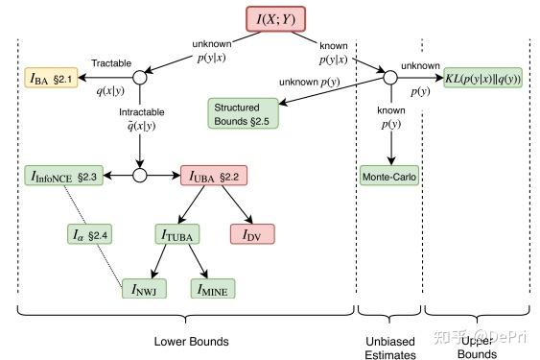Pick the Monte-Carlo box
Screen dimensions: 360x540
[389, 176]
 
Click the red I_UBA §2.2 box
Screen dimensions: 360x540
[217, 176]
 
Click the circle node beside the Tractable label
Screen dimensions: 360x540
[140, 76]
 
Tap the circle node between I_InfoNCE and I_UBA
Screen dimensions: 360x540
[140, 176]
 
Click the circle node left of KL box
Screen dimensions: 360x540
[389, 76]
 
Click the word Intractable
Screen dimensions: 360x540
[139, 112]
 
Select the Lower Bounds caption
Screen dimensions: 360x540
[185, 342]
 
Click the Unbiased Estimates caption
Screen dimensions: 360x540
[388, 348]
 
